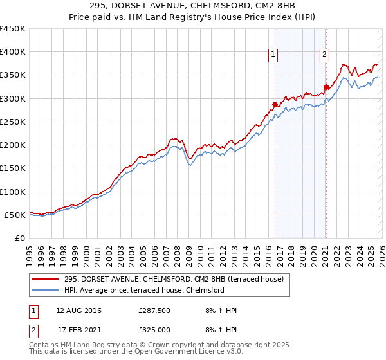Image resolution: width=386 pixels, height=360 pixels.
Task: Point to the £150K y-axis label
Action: tap(13, 168)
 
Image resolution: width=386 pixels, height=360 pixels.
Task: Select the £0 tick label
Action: tap(20, 238)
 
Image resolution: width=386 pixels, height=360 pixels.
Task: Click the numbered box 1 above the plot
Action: tap(274, 55)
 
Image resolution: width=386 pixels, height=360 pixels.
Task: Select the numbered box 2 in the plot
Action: tap(325, 55)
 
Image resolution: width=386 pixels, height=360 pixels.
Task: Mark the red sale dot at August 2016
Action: tap(275, 104)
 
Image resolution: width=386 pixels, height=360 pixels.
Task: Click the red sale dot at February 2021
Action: tap(326, 87)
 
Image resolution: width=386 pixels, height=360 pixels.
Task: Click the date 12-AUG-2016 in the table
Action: tap(78, 310)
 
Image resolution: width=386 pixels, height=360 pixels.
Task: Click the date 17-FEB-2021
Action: tap(78, 330)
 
